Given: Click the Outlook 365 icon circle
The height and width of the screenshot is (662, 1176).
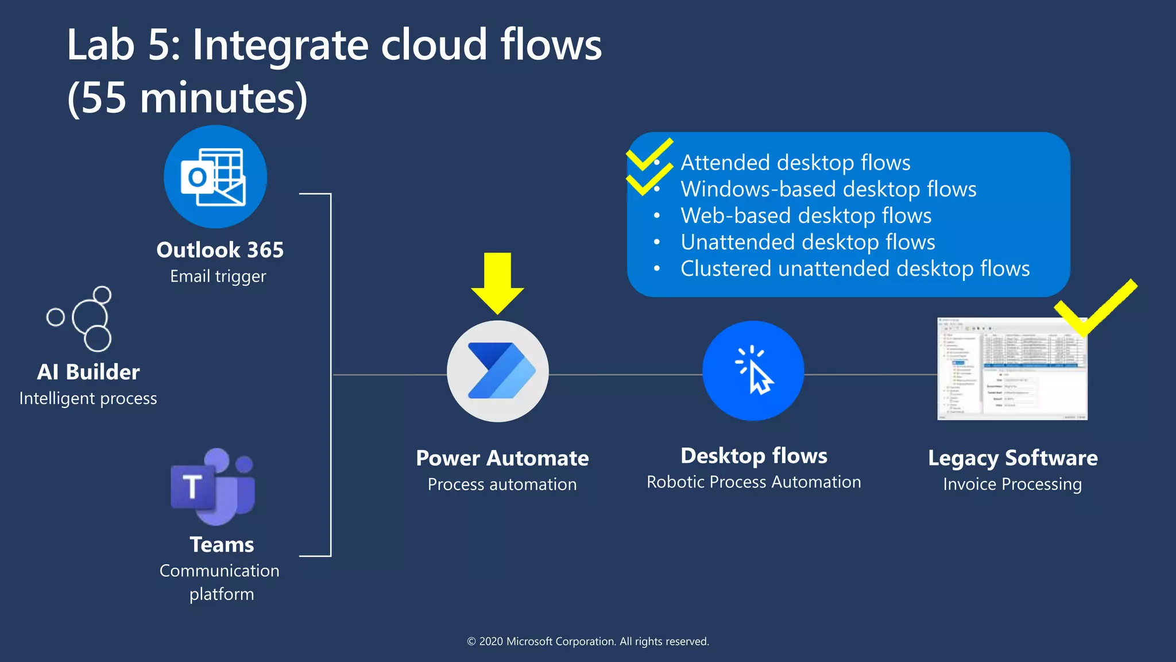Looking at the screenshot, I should [215, 176].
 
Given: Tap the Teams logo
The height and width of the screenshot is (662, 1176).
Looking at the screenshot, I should [212, 487].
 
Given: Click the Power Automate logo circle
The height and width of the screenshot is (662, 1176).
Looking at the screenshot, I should [498, 371].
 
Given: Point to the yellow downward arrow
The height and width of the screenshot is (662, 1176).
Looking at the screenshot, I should [497, 282].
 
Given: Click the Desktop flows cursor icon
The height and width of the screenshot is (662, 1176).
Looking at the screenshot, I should [753, 371].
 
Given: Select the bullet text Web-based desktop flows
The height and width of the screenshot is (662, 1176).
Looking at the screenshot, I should [806, 215].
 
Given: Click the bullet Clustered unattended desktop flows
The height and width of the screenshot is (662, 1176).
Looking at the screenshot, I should [854, 268].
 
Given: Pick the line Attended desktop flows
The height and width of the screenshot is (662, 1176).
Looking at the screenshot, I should [795, 163].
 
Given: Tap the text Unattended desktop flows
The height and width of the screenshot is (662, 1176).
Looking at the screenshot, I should [807, 242].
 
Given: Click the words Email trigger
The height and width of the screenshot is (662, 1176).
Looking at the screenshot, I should [218, 276].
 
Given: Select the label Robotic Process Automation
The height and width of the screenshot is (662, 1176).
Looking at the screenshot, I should [753, 482].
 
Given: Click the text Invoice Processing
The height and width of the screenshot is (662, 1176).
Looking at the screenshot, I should [1012, 484].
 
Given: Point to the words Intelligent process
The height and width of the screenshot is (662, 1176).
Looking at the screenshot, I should [88, 398].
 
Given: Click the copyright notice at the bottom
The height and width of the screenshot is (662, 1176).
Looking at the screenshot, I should [588, 641].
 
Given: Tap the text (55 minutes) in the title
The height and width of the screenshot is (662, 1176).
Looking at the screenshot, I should [188, 98].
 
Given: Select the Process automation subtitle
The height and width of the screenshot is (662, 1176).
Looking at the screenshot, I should [502, 484].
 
